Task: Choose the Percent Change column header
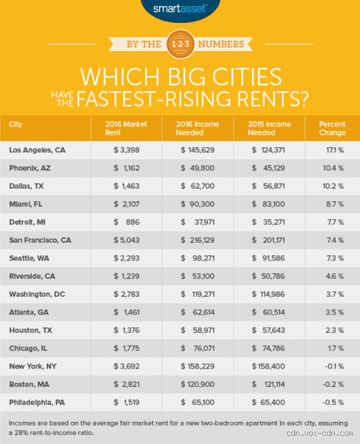click(332, 129)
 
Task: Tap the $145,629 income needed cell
click(202, 150)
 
